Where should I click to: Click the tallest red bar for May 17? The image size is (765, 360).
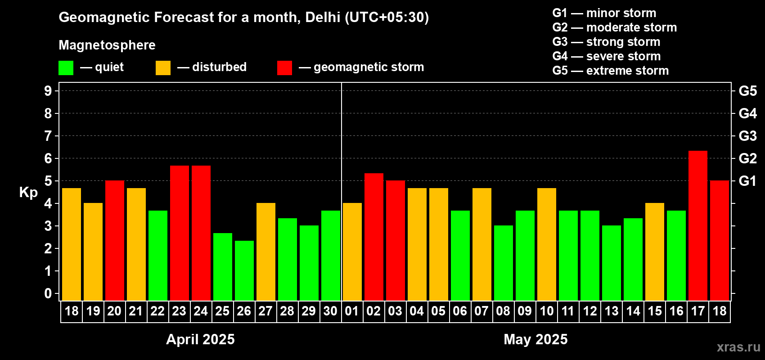tap(697, 225)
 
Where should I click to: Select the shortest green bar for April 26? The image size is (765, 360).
tap(244, 270)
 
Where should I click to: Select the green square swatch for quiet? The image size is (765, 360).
tap(66, 68)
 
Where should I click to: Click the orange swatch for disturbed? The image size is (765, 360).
tap(163, 68)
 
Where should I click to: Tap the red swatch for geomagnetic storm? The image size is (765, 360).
tap(284, 68)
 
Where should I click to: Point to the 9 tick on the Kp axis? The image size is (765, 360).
tap(48, 91)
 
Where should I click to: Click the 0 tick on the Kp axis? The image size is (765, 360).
tap(48, 293)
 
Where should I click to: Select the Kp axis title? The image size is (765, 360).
tap(28, 193)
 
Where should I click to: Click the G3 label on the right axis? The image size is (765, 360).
tap(747, 136)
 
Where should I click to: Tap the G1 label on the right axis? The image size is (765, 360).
tap(747, 181)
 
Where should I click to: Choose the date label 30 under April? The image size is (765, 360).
tap(330, 311)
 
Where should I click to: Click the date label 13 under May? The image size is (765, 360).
tap(611, 311)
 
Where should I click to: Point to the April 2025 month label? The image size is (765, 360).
tap(200, 339)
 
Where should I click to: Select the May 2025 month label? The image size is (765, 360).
tap(535, 339)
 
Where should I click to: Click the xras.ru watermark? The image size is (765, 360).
tap(738, 347)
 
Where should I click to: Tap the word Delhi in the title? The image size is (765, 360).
tap(323, 17)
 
